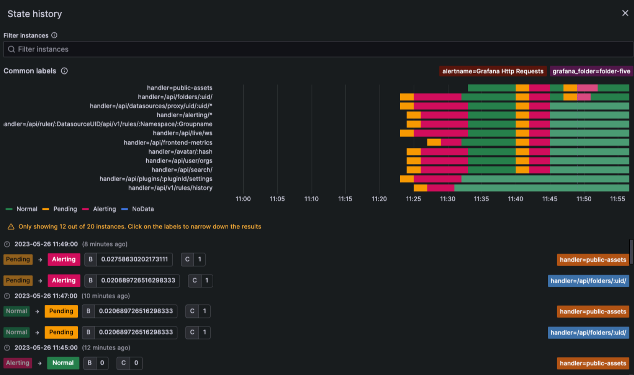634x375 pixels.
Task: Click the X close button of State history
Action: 625,13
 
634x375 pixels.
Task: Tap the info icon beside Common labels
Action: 64,71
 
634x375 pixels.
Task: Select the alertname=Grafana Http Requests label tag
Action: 493,71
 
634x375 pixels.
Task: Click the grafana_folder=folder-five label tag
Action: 591,71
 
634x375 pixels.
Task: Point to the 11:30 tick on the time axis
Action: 448,199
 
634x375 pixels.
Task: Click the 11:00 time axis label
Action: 243,199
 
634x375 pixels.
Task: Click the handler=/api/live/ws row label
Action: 182,133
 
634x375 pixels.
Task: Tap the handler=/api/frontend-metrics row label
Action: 168,143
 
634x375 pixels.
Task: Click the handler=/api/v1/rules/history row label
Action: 170,188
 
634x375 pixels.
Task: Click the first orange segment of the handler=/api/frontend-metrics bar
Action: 434,143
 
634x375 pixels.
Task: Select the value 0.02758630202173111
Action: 134,259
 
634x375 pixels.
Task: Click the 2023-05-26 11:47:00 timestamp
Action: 46,296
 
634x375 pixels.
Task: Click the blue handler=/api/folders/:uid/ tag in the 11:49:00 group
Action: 588,281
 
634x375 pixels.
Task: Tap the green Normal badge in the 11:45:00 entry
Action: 63,363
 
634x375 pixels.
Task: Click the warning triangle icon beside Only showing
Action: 11,227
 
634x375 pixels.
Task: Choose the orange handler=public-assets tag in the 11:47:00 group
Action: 593,312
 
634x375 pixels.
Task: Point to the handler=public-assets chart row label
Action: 180,88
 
